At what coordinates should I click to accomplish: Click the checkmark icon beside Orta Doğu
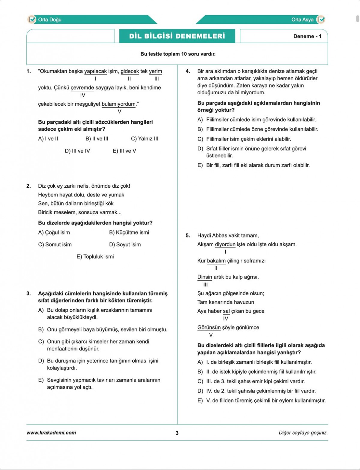point(31,20)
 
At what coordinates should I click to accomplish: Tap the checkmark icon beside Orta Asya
point(321,20)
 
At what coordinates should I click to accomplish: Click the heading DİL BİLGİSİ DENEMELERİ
point(177,36)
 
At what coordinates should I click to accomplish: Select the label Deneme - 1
point(307,36)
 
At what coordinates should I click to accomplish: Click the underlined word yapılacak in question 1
point(95,71)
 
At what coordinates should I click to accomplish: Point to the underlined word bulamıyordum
point(119,104)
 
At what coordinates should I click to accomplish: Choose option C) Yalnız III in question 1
point(145,139)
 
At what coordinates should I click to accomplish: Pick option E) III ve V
point(124,151)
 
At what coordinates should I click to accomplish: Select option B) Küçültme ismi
point(129,232)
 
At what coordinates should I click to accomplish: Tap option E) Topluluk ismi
point(95,257)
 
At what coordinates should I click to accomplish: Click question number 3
point(28,293)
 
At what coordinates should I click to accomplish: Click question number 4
point(188,71)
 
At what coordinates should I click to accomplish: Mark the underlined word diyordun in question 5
point(225,244)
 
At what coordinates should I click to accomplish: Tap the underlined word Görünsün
point(209,328)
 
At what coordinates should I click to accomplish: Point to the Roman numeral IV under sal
point(226,319)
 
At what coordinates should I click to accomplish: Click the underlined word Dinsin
point(205,277)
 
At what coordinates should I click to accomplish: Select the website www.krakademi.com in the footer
point(51,433)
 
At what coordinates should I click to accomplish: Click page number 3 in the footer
point(177,433)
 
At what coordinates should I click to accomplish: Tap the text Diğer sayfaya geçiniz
point(303,433)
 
